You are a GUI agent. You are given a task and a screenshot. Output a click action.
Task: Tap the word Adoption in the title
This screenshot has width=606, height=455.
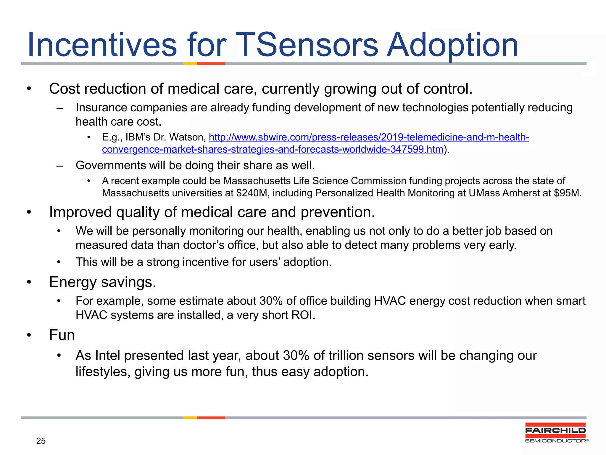452,45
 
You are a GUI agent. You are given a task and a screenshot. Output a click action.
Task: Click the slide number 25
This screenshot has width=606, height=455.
41,441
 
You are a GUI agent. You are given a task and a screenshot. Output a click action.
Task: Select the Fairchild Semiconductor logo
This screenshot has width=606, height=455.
556,433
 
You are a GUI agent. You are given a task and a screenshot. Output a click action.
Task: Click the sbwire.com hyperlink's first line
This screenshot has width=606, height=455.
369,137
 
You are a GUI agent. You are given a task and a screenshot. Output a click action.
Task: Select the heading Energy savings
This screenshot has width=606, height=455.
102,282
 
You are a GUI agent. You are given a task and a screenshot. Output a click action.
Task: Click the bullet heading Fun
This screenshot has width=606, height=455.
62,335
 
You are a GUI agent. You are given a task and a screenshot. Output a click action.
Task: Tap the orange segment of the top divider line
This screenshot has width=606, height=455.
211,63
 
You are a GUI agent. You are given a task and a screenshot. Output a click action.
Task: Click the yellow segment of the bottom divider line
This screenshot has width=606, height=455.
190,418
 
